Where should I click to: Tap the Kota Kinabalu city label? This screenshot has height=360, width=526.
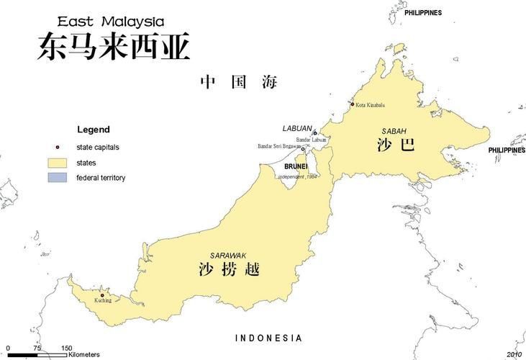(370, 106)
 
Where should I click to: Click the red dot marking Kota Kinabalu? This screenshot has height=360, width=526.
(353, 104)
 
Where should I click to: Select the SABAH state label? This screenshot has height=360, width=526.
(394, 130)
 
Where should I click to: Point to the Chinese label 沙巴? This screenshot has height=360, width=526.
(395, 145)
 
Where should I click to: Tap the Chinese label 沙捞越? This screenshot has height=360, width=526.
(229, 271)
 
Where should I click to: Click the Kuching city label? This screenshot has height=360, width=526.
(103, 300)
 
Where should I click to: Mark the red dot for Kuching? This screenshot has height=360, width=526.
(102, 294)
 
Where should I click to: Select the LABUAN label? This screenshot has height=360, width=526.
(297, 128)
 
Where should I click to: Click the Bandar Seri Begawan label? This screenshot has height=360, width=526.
(279, 146)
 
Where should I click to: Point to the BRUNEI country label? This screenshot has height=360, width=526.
(296, 166)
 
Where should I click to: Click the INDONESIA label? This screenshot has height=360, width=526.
(269, 338)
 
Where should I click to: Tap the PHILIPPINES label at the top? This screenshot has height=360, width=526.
(423, 13)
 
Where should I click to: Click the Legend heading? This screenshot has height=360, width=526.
(94, 130)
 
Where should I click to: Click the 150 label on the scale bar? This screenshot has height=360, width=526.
(66, 348)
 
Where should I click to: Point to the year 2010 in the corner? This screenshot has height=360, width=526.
(514, 354)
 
